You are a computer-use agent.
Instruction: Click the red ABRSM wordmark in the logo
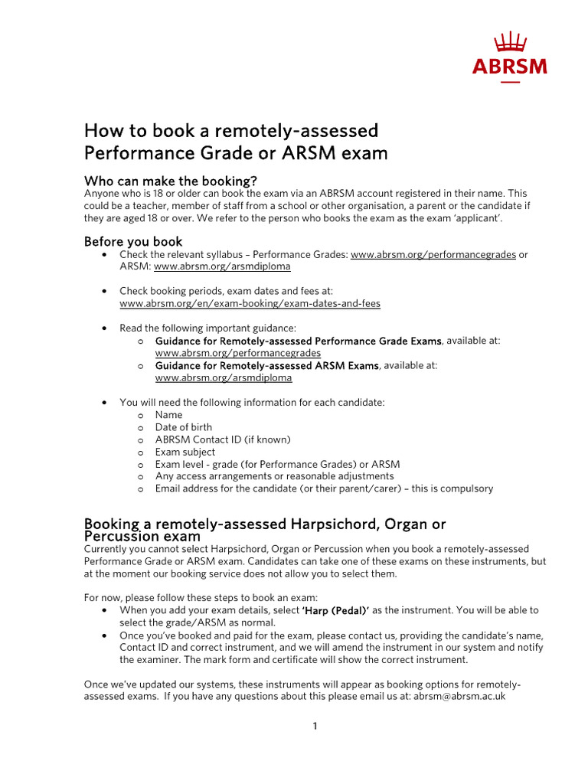point(509,67)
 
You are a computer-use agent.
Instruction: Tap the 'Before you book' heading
point(133,242)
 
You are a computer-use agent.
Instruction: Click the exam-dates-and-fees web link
point(250,303)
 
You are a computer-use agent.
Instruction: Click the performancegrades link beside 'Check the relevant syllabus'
point(433,254)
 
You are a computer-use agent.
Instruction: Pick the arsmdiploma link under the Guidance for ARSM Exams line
point(223,377)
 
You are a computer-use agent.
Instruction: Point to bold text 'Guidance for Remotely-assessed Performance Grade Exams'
point(298,341)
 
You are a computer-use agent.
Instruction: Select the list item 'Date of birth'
point(184,427)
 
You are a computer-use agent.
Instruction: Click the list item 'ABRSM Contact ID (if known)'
point(223,439)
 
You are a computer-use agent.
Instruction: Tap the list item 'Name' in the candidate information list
point(168,415)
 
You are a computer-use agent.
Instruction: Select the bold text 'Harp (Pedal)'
point(336,610)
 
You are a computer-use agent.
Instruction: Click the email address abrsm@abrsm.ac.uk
point(459,697)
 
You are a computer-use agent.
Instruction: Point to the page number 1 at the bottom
point(314,727)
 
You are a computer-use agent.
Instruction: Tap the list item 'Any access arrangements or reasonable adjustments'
point(274,476)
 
